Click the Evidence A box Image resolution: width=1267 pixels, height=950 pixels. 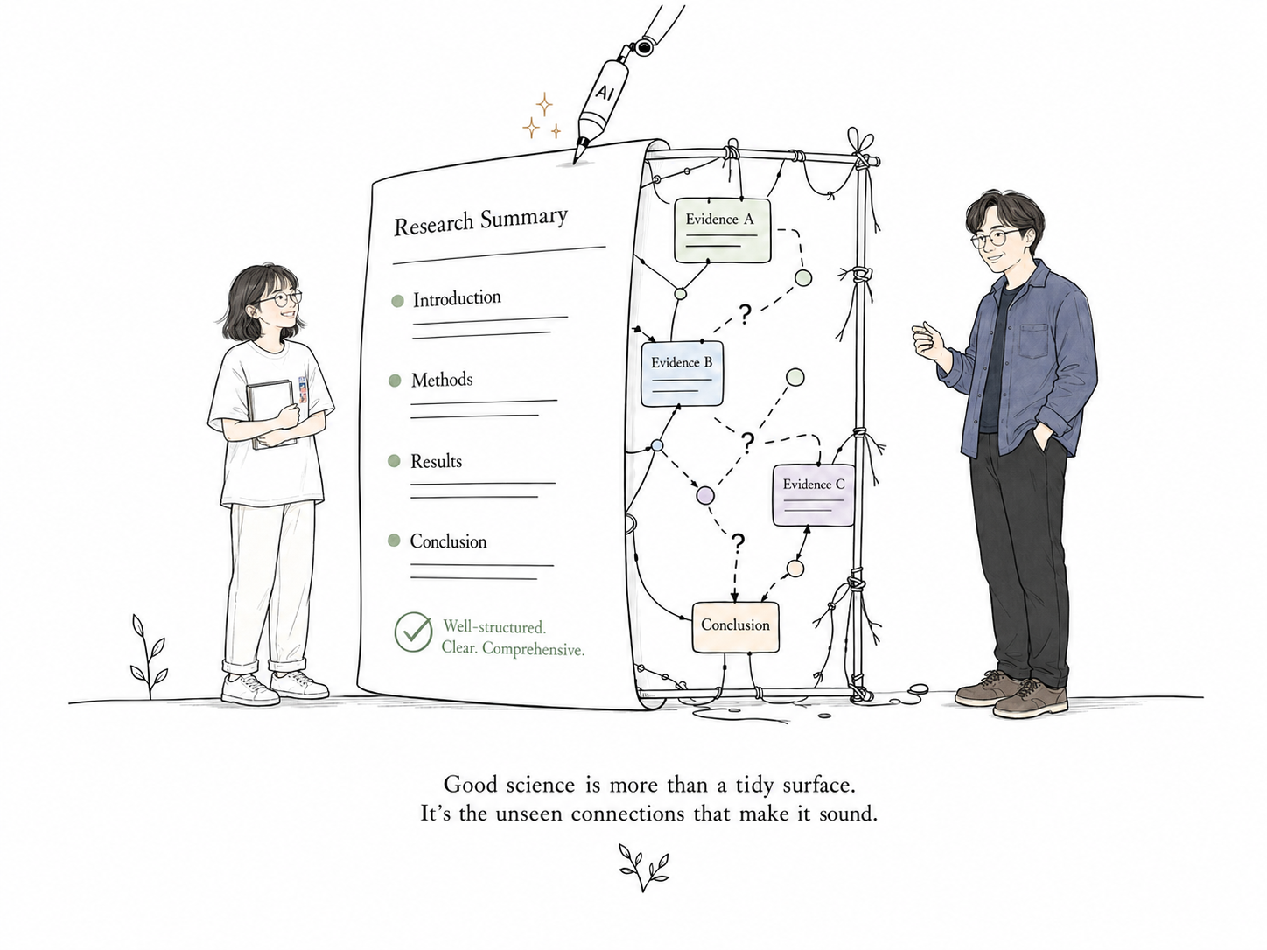[723, 231]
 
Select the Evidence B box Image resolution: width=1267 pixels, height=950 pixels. [682, 374]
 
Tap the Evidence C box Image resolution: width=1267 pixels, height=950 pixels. [813, 495]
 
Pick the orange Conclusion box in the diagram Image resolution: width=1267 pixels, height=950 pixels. [735, 627]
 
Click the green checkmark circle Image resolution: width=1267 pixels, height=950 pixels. [413, 632]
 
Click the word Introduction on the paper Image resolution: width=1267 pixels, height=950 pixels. [457, 298]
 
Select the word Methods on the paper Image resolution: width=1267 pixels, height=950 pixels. [442, 380]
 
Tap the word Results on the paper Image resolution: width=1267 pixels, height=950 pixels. [436, 462]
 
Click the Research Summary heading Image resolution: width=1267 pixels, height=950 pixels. [480, 221]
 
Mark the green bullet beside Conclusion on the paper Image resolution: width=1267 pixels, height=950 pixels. [394, 541]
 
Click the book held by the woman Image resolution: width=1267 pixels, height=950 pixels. [270, 414]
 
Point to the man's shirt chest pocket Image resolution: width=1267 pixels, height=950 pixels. [1032, 341]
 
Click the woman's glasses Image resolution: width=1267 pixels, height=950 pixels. [280, 298]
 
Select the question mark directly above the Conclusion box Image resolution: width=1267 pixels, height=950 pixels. [738, 541]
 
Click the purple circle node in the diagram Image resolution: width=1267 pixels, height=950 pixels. [705, 495]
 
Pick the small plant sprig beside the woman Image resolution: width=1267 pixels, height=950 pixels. [149, 657]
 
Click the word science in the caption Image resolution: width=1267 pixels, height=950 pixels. [541, 785]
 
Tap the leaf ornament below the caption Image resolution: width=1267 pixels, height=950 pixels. [644, 868]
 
